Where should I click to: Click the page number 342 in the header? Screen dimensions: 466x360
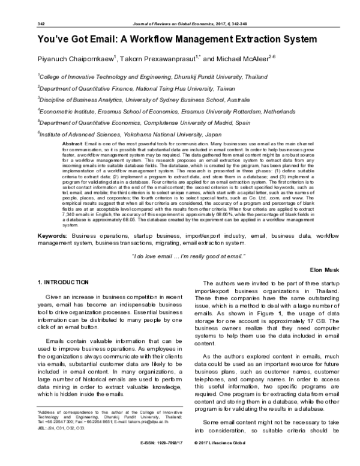point(25,24)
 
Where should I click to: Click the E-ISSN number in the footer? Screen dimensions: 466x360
point(160,460)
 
